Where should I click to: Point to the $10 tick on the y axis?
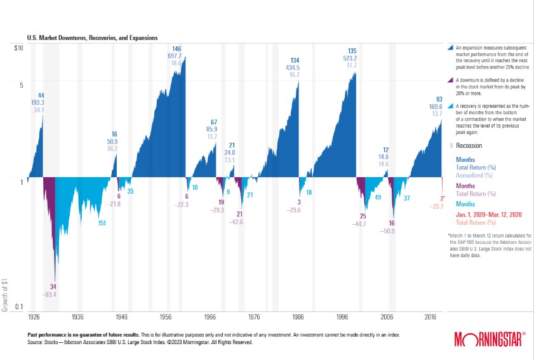[x=19, y=48]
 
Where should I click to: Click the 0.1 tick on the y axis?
[x=20, y=307]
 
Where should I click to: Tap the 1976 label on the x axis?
[x=253, y=316]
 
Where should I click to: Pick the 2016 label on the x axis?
[x=430, y=316]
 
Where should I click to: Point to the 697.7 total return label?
[x=177, y=56]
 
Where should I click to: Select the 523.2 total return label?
[x=352, y=58]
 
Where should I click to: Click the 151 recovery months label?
[x=102, y=223]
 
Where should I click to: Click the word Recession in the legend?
[x=469, y=145]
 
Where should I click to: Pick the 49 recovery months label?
[x=378, y=198]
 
